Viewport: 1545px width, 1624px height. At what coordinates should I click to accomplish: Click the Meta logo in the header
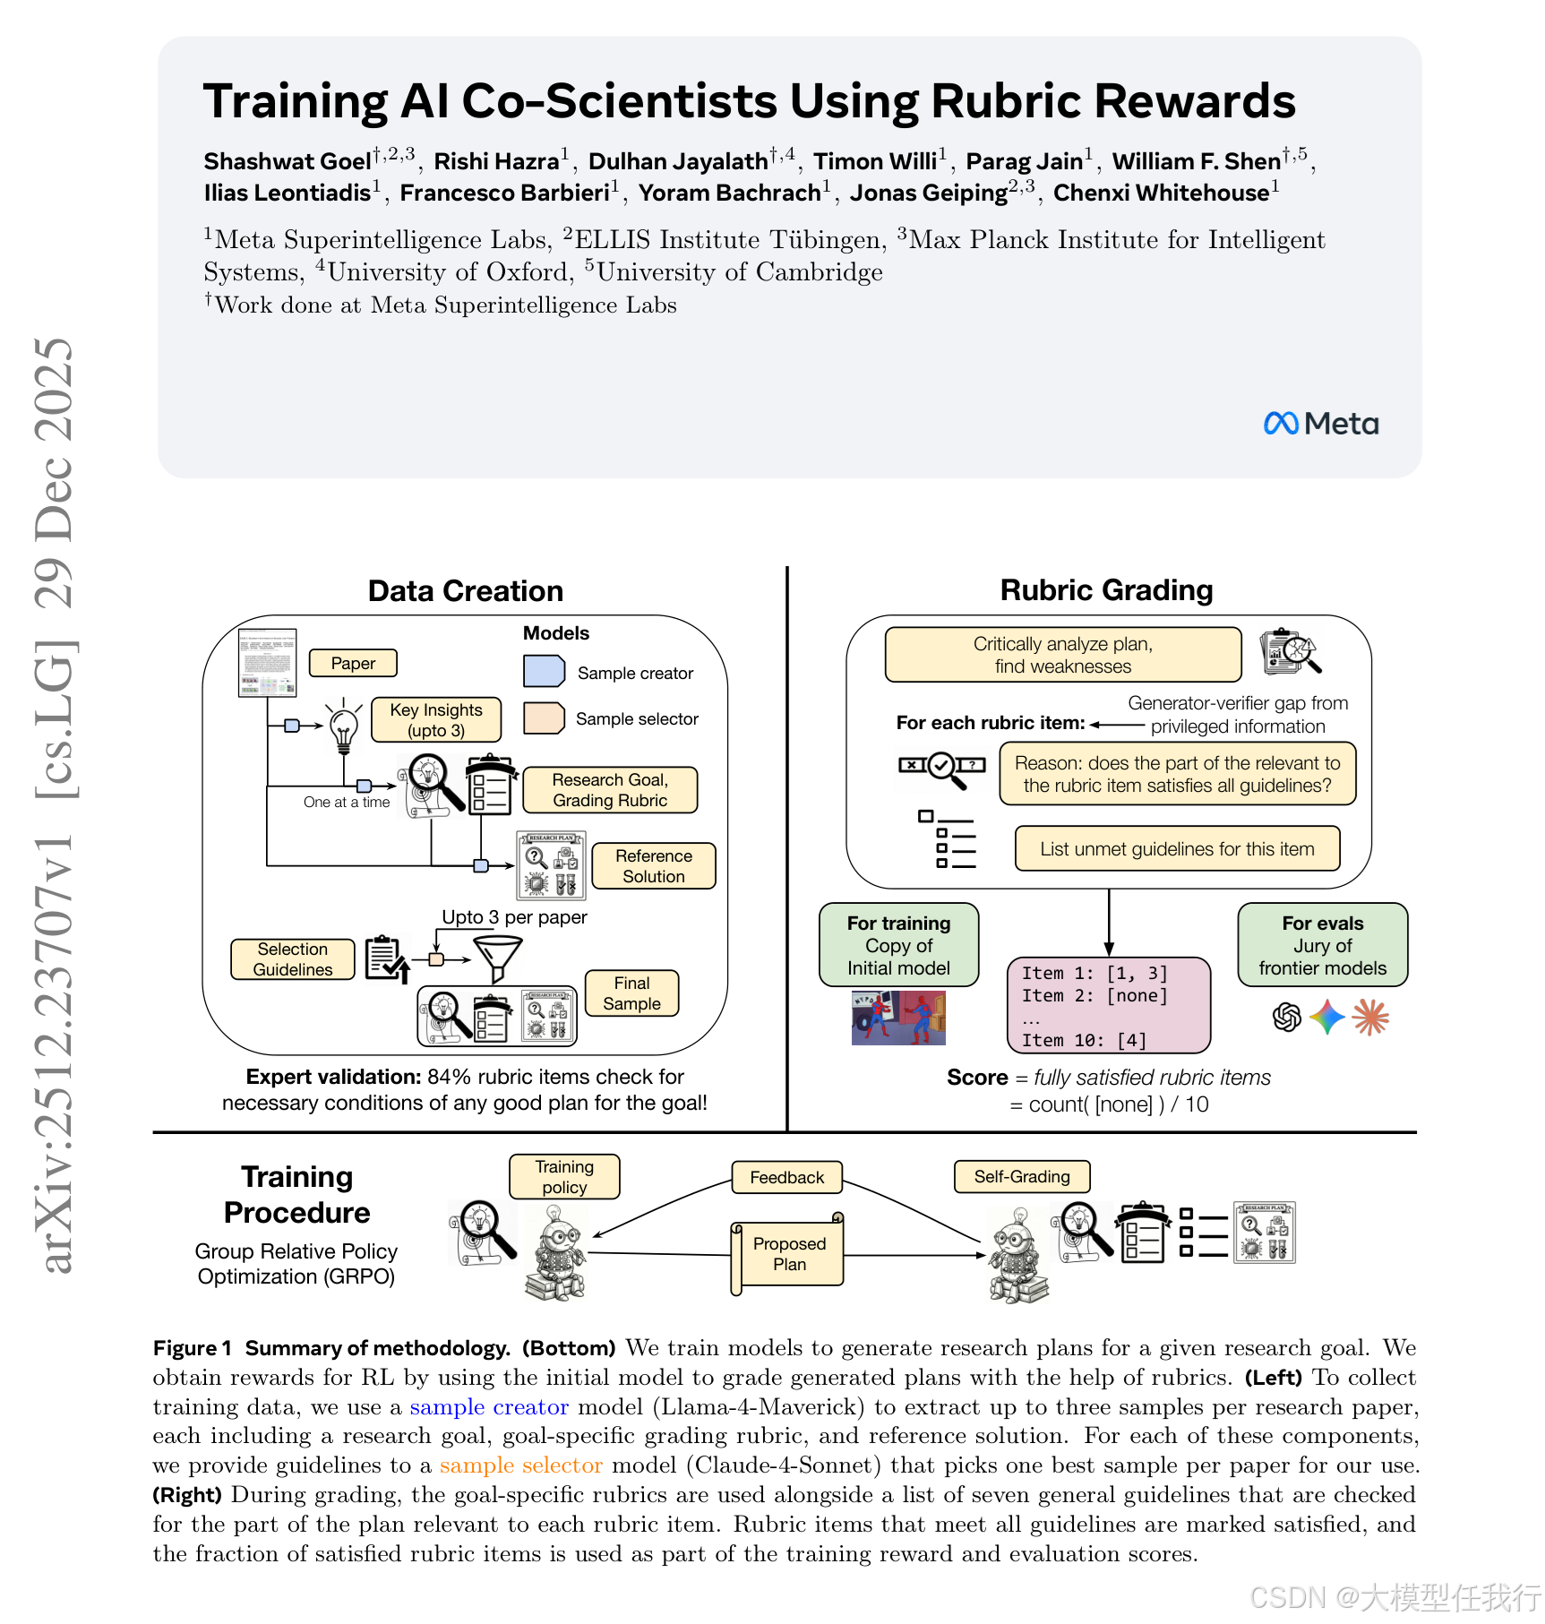click(x=1320, y=424)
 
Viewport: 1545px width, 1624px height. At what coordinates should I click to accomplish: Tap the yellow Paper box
click(x=353, y=664)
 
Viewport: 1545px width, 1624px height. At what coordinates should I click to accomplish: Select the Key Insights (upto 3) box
click(x=436, y=720)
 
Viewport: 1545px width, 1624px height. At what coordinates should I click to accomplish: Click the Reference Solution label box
click(x=654, y=866)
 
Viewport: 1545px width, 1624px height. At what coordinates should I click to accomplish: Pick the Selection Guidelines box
click(x=293, y=959)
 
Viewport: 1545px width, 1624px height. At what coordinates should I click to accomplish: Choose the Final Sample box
click(x=631, y=993)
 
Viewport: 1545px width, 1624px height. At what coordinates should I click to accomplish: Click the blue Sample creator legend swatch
click(x=544, y=671)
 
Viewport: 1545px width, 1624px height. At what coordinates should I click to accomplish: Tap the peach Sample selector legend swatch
click(x=544, y=717)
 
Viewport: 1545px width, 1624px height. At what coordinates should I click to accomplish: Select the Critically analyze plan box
click(x=1063, y=655)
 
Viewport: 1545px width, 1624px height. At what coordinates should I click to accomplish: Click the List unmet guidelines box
click(x=1177, y=849)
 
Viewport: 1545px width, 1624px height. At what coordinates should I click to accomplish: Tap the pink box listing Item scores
click(x=1108, y=1005)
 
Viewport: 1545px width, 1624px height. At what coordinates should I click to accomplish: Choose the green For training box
click(x=898, y=945)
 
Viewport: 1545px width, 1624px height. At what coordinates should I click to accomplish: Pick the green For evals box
click(x=1322, y=945)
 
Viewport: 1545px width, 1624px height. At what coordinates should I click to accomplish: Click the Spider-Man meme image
click(x=898, y=1018)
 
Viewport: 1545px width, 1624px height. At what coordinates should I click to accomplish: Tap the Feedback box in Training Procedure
click(x=786, y=1177)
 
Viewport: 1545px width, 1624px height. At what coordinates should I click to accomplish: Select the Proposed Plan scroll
click(x=788, y=1254)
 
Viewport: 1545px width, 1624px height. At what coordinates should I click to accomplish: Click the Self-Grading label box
click(x=1022, y=1176)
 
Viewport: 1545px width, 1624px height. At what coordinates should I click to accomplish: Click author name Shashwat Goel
click(x=287, y=162)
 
